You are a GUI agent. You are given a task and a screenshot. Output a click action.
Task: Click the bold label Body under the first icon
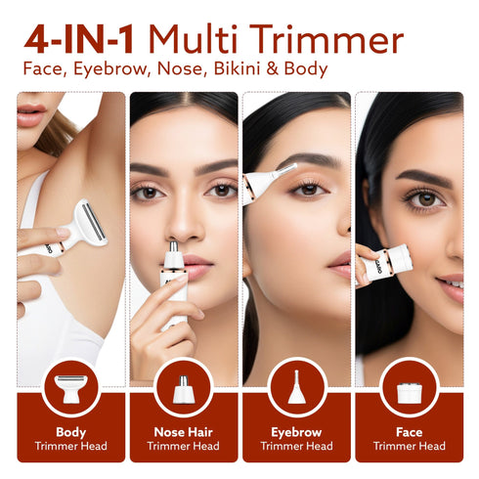[x=70, y=431]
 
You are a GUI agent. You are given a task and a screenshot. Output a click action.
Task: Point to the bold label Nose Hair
[x=183, y=431]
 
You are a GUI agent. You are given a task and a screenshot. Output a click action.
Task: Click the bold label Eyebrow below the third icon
[x=296, y=431]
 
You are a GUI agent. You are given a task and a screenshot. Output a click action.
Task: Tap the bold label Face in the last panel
[x=409, y=431]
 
